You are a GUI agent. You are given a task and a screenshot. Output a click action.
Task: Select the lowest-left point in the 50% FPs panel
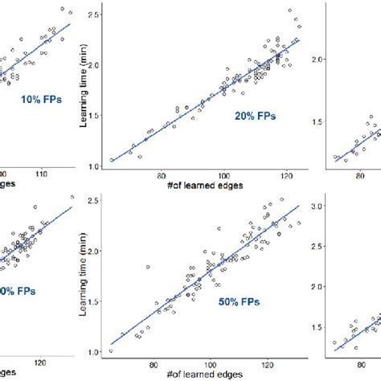coord(111,350)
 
